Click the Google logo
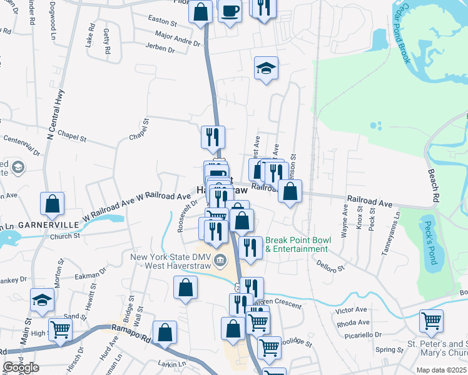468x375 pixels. pos(21,367)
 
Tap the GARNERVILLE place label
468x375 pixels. pos(48,224)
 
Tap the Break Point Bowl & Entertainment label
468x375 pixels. pos(297,244)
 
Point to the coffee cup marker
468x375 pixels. pos(230,11)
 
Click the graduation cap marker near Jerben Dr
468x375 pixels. pos(266,68)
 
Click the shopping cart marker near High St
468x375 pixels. pos(60,329)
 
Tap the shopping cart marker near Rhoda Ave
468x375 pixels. pos(432,321)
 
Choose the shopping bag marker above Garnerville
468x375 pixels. pos(53,203)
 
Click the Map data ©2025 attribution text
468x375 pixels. pos(442,370)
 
